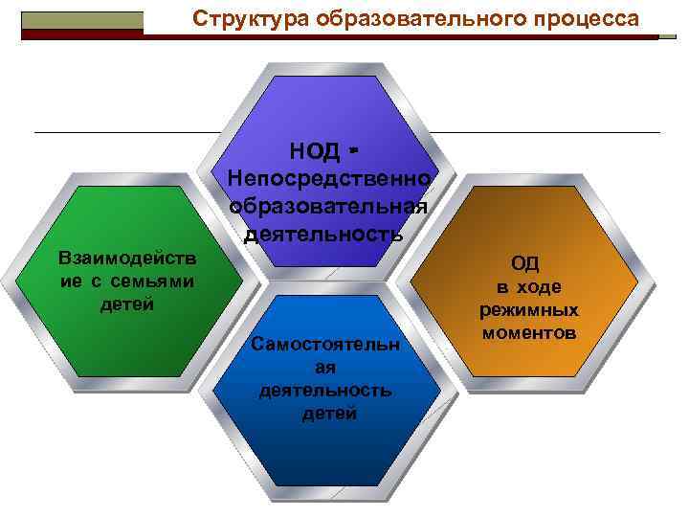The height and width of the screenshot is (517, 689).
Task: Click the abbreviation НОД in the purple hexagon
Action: coord(315,150)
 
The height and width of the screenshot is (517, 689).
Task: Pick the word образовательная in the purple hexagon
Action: coord(328,206)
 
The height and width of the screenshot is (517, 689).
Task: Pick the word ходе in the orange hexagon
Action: coord(539,287)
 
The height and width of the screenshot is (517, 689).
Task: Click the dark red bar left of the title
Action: coord(81,34)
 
